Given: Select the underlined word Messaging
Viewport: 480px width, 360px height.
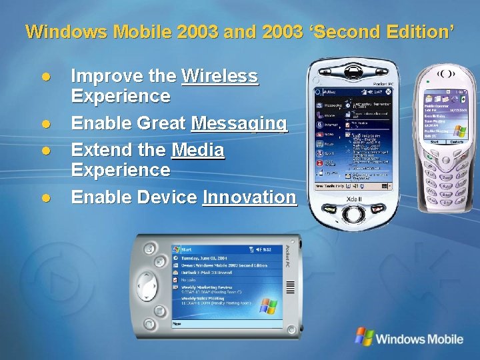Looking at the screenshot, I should [x=239, y=123].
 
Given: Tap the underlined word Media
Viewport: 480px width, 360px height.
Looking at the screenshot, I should [x=197, y=151].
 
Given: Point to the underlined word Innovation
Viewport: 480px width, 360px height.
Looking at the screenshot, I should [x=249, y=197].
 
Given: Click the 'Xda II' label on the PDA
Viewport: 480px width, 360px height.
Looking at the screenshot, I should [x=355, y=199].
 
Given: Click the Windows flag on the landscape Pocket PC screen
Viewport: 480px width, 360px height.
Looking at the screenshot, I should [x=268, y=307].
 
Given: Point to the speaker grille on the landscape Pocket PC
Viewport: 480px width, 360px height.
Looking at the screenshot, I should [x=289, y=286].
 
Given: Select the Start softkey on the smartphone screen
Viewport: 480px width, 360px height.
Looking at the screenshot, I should [x=434, y=142].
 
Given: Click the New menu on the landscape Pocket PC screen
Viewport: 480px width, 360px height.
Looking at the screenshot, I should [x=177, y=323].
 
